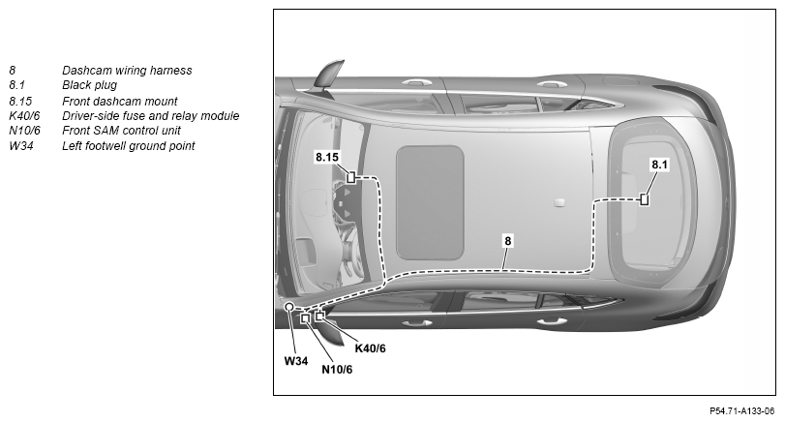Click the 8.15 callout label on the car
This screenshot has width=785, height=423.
pyautogui.click(x=327, y=157)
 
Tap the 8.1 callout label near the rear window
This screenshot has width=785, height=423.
pyautogui.click(x=659, y=165)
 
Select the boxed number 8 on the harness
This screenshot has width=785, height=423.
pyautogui.click(x=507, y=241)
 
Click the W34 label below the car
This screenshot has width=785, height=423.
pyautogui.click(x=296, y=361)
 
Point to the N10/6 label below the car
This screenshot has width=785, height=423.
pyautogui.click(x=337, y=370)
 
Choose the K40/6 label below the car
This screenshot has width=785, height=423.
pyautogui.click(x=371, y=348)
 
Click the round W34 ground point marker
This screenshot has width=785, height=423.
pyautogui.click(x=289, y=307)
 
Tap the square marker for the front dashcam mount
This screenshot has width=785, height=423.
pyautogui.click(x=351, y=177)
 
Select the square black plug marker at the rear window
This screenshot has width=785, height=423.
pyautogui.click(x=645, y=199)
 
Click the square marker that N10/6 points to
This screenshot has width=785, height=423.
pyautogui.click(x=306, y=317)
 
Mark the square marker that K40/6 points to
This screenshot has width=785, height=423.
pyautogui.click(x=318, y=316)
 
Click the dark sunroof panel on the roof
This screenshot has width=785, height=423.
pyautogui.click(x=430, y=202)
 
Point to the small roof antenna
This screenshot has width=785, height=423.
pyautogui.click(x=559, y=202)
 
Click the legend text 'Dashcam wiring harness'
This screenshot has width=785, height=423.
pyautogui.click(x=127, y=71)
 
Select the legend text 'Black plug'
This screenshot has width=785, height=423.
pyautogui.click(x=90, y=85)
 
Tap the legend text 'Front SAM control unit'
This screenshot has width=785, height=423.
pyautogui.click(x=121, y=131)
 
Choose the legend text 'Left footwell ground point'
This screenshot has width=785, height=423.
pyautogui.click(x=128, y=146)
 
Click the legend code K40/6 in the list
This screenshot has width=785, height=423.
pyautogui.click(x=24, y=116)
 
